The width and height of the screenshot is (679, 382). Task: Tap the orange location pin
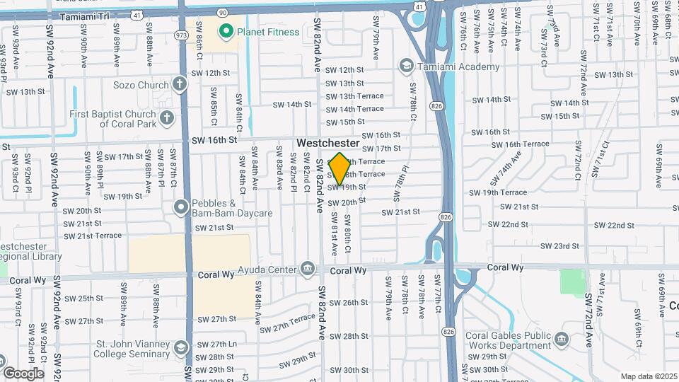340,169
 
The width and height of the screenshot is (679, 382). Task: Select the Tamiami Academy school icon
407,66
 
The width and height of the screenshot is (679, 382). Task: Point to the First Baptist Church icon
166,117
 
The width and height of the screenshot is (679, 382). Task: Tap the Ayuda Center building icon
308,268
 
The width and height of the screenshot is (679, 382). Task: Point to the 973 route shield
182,33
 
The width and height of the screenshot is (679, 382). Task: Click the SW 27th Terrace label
287,324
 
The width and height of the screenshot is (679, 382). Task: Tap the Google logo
23,373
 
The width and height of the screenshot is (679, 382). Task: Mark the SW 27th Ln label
216,345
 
